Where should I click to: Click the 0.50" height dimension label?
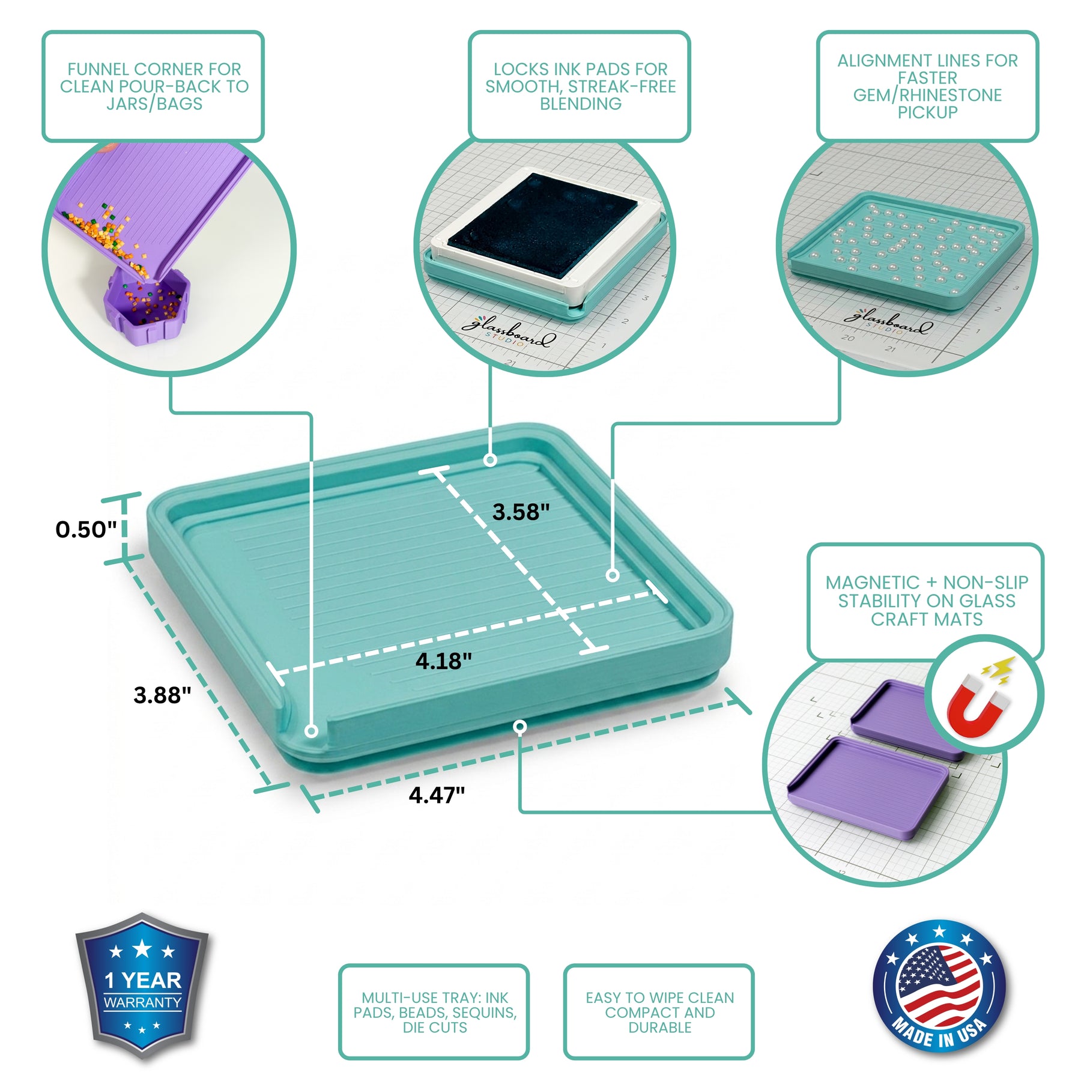tap(86, 529)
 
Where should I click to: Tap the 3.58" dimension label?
tap(521, 512)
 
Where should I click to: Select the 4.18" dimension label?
tap(444, 661)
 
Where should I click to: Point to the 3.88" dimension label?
tap(162, 695)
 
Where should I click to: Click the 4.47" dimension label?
tap(437, 795)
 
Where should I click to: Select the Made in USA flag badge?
tap(939, 988)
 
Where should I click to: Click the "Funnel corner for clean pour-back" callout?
tap(153, 86)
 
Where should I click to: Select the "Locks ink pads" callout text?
tap(580, 86)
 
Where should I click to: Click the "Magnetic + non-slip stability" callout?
tap(926, 601)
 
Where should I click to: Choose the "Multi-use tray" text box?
tap(434, 1012)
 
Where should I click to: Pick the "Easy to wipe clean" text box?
tap(659, 1012)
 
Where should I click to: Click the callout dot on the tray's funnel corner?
tap(311, 731)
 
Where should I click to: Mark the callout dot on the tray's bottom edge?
tap(521, 727)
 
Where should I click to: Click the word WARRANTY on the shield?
tap(142, 1002)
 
